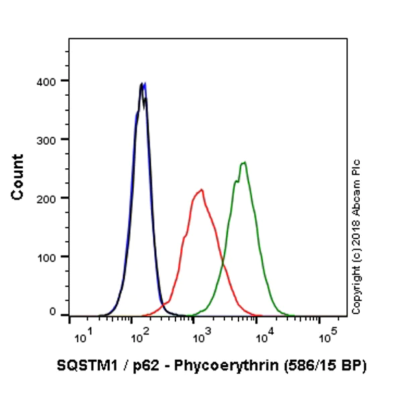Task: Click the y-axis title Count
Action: [x=17, y=177]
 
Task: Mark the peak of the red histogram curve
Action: [x=200, y=190]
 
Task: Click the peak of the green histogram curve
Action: [x=245, y=162]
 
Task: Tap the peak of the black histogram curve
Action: [x=141, y=84]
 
